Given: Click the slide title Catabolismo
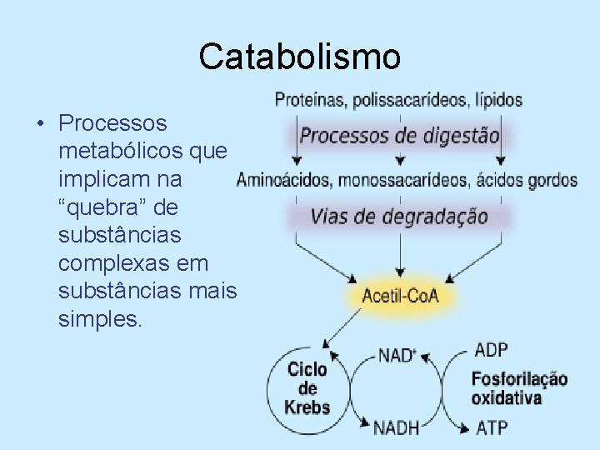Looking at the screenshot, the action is [300, 57].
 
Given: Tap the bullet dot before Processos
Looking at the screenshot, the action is [39, 124].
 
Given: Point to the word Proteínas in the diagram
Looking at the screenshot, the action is [310, 100].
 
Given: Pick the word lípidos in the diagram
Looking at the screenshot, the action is [499, 100].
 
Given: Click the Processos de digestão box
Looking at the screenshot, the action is [400, 135].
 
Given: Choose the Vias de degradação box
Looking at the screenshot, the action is [400, 217].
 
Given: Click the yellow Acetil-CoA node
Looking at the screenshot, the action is [400, 296].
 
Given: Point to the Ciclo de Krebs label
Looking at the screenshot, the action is [307, 388].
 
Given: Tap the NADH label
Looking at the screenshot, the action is [397, 428].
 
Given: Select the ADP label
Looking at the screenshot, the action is [491, 349].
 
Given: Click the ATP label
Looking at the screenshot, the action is [492, 428].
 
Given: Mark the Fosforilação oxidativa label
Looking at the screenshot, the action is [519, 388].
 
